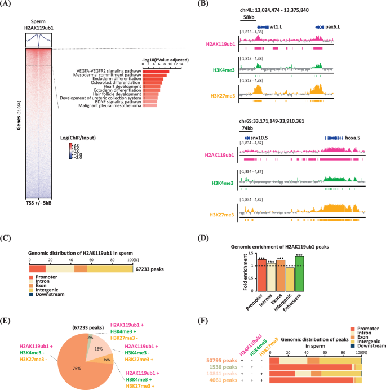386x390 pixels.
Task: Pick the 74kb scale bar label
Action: (x=246, y=128)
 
